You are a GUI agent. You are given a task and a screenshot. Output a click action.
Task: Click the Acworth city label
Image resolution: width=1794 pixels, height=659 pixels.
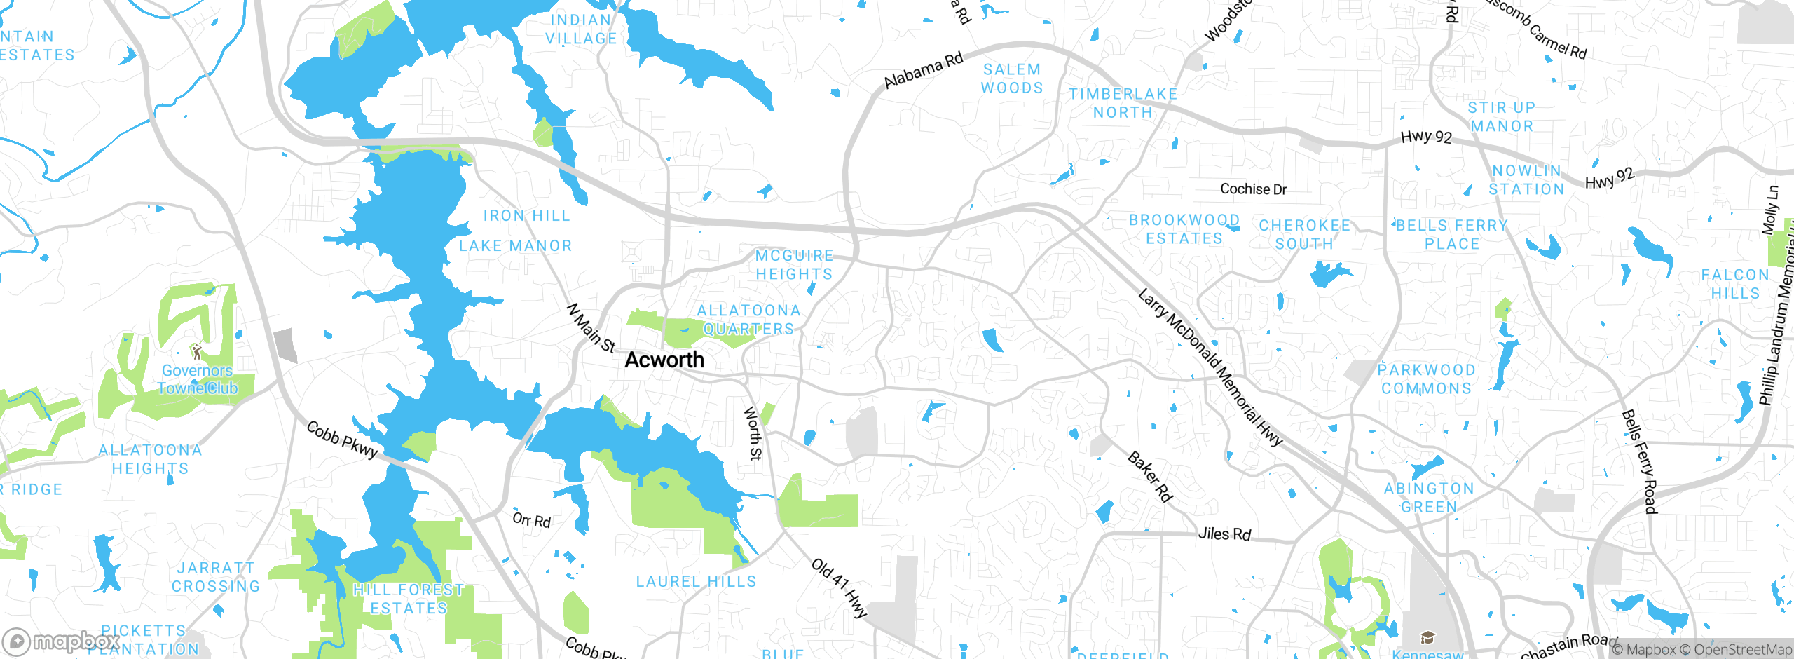[664, 360]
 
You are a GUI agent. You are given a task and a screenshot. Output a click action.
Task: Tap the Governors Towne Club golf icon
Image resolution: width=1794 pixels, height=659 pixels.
[197, 351]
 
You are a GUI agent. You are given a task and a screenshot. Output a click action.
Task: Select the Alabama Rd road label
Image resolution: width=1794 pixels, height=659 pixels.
[923, 71]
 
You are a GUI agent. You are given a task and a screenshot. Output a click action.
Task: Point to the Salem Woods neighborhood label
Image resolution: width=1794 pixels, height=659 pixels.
[1012, 79]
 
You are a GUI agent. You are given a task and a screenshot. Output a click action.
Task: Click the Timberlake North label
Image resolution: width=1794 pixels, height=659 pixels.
[1123, 103]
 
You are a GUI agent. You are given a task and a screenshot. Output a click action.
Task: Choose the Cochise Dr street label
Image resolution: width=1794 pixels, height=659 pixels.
[1253, 189]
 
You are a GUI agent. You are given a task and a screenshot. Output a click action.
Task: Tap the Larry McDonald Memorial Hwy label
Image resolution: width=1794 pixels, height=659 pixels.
[1210, 367]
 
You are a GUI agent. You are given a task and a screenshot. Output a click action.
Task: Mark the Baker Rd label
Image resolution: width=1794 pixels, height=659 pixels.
[1149, 477]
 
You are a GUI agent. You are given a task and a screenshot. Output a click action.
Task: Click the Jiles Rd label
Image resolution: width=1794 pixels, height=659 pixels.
[1224, 534]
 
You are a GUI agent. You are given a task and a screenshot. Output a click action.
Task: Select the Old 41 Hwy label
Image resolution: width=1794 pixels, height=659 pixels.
[840, 587]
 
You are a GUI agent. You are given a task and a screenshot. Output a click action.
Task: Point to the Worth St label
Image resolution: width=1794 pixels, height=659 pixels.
[753, 433]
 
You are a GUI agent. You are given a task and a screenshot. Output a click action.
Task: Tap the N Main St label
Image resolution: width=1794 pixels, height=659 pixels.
[591, 328]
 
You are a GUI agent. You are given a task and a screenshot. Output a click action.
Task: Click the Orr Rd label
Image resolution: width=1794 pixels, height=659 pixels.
[531, 519]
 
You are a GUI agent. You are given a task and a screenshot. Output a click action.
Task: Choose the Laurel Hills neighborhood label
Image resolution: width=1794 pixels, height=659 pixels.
[696, 581]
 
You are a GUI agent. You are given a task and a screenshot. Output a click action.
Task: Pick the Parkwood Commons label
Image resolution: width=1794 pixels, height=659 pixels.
[1426, 379]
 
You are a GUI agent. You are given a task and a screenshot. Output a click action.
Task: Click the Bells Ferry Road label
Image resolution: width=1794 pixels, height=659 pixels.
[1640, 461]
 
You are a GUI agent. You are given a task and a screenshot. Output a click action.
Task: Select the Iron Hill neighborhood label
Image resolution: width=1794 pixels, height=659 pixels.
[526, 216]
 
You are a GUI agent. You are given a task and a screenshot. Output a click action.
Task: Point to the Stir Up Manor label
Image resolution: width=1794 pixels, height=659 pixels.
[1502, 117]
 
